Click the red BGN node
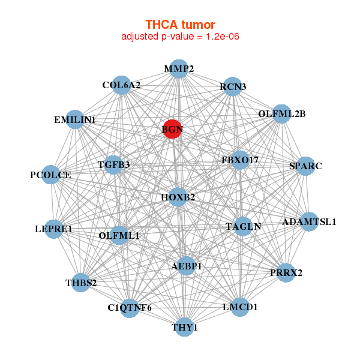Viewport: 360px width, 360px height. pyautogui.click(x=172, y=129)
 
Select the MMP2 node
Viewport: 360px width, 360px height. pyautogui.click(x=178, y=69)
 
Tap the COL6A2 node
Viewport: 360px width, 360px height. pyautogui.click(x=122, y=85)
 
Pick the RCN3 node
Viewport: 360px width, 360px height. pyautogui.click(x=233, y=87)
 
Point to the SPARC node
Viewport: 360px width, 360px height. pyautogui.click(x=305, y=166)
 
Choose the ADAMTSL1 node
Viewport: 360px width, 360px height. pyautogui.click(x=309, y=222)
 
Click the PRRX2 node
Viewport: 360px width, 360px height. pyautogui.click(x=286, y=273)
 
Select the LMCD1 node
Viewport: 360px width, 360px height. pyautogui.click(x=240, y=307)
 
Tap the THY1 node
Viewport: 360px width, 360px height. pyautogui.click(x=185, y=327)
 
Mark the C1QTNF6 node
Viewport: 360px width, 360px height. pyautogui.click(x=130, y=308)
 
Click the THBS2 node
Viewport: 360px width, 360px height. pyautogui.click(x=81, y=282)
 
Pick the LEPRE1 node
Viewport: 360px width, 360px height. pyautogui.click(x=54, y=229)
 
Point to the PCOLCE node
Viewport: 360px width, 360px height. pyautogui.click(x=51, y=175)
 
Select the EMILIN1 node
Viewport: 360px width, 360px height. pyautogui.click(x=75, y=120)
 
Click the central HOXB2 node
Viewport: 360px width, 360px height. pyautogui.click(x=178, y=197)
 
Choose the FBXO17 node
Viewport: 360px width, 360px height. pyautogui.click(x=240, y=160)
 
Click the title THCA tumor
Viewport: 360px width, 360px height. pyautogui.click(x=180, y=25)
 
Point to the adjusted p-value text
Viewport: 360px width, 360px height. pyautogui.click(x=180, y=37)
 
